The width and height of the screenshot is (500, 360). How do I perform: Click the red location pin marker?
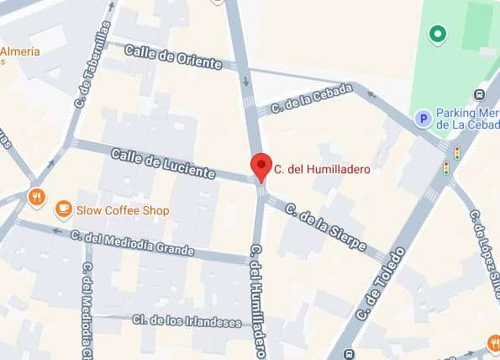[x=261, y=167]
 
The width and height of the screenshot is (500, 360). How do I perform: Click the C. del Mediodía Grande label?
[x=132, y=244]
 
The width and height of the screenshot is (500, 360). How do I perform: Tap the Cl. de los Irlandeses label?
[x=187, y=320]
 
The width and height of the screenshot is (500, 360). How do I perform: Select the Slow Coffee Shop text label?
[x=123, y=210]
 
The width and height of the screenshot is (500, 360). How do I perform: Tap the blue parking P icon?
[x=424, y=119]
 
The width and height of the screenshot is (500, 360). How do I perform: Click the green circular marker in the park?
[x=436, y=34]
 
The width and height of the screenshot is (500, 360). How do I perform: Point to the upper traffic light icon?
[x=456, y=152]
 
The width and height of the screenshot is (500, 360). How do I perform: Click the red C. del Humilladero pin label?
[x=323, y=169]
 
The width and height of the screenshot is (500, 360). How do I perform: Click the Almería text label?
[x=19, y=52]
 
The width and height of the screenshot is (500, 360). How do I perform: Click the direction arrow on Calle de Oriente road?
[x=245, y=82]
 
